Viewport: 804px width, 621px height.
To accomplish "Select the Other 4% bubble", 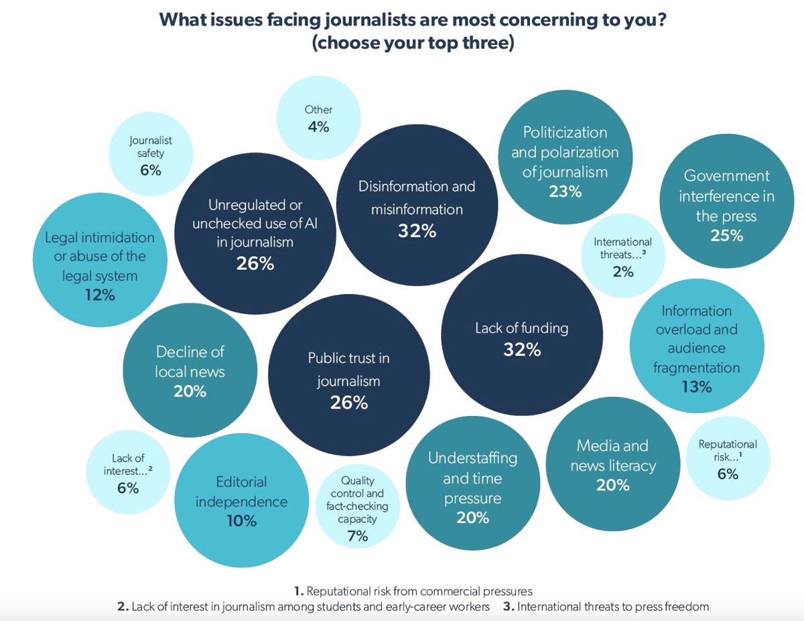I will (x=318, y=119).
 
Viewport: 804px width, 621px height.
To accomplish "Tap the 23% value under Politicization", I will (x=565, y=192).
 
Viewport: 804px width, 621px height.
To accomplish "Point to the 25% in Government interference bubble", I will (x=727, y=236).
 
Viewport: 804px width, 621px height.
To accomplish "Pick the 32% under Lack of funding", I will (x=522, y=349).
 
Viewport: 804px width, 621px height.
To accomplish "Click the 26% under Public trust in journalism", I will (x=348, y=403).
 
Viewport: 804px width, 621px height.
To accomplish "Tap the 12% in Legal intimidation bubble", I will (x=99, y=295).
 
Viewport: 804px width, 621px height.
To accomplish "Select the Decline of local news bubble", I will (x=190, y=370).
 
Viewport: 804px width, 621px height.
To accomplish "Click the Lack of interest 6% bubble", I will (x=128, y=472).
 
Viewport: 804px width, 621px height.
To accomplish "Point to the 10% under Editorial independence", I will (x=241, y=521).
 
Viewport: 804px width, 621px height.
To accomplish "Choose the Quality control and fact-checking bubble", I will (x=357, y=508).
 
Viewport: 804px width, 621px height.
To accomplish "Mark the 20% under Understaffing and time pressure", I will (x=472, y=518).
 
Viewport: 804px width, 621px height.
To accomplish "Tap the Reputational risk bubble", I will (x=728, y=459).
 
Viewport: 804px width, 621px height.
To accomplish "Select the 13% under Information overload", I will (x=697, y=387).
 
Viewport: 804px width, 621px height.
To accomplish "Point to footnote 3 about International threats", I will (x=608, y=607).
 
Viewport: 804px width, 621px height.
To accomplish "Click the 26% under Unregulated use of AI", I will (x=255, y=263).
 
